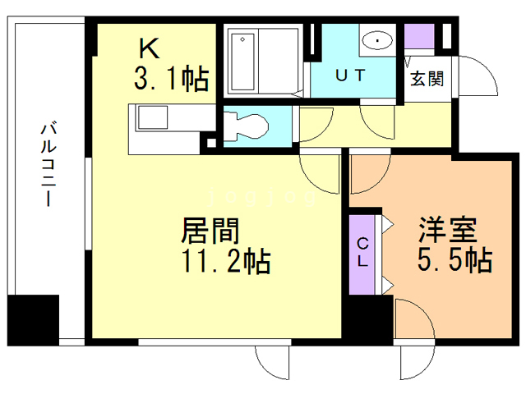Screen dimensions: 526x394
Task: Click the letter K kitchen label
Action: (149, 49)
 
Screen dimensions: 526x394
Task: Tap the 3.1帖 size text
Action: (172, 79)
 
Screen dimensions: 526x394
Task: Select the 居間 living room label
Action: (210, 231)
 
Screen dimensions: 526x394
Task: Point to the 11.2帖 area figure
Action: (226, 261)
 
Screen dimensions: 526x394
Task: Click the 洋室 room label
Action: (447, 230)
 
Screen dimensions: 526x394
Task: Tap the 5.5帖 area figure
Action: (454, 259)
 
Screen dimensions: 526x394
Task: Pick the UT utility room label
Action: (350, 76)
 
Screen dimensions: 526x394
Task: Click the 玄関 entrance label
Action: (427, 79)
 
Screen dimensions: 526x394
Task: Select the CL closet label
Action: (362, 252)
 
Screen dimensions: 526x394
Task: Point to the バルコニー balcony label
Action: (48, 164)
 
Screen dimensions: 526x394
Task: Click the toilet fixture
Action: (246, 126)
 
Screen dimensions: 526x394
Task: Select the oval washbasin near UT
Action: (378, 41)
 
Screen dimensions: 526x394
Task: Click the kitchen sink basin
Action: (153, 117)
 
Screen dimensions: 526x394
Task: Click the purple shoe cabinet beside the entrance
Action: (419, 36)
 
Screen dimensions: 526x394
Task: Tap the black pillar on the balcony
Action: (33, 320)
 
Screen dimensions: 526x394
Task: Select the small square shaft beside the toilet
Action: (212, 143)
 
